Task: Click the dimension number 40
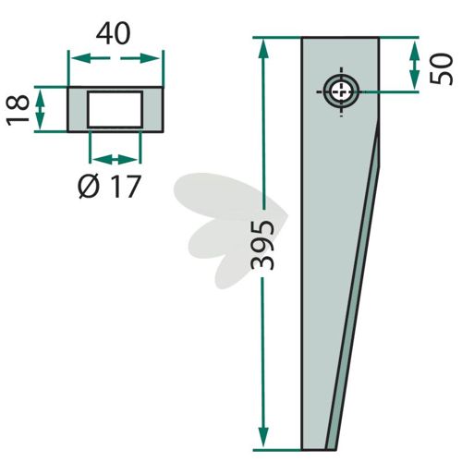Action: click(114, 33)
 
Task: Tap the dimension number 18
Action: click(18, 110)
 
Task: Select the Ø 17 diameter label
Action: click(109, 187)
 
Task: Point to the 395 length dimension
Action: click(262, 245)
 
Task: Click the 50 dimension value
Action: click(442, 69)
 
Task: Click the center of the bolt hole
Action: click(341, 91)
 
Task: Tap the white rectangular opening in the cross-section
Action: click(115, 109)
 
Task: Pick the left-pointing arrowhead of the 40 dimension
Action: click(80, 58)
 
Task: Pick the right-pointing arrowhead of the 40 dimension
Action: click(150, 58)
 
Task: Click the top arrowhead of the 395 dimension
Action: click(262, 48)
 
